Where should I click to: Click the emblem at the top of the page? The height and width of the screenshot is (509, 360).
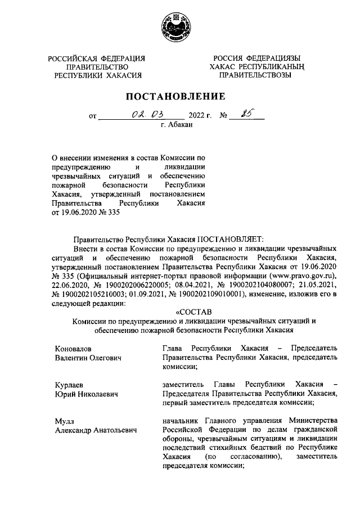click(x=179, y=26)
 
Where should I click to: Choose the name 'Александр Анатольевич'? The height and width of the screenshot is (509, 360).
click(x=96, y=431)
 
